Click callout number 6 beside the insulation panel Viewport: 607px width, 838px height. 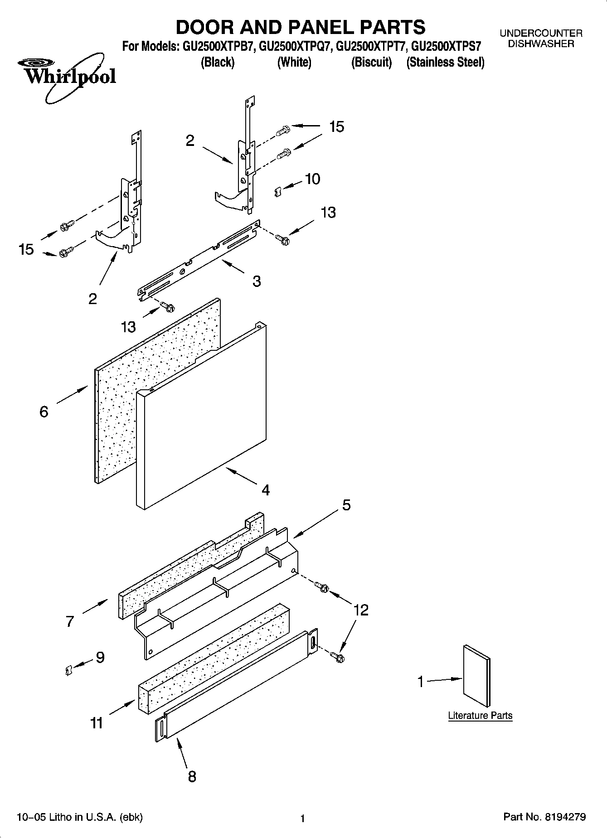tap(44, 412)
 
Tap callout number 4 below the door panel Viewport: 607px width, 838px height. tap(265, 490)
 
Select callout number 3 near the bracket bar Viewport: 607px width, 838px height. tap(257, 281)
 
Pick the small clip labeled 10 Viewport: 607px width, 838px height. tap(278, 192)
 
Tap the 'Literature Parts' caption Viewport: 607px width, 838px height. tap(480, 716)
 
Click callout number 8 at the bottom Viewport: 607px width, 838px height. tap(192, 776)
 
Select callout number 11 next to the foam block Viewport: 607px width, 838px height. tap(97, 723)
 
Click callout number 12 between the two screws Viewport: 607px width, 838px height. tap(360, 610)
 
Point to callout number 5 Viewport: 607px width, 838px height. tap(346, 504)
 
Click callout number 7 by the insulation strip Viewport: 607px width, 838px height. tap(69, 621)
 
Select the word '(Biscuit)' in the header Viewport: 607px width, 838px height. tap(371, 62)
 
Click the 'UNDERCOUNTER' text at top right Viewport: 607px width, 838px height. tap(541, 33)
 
